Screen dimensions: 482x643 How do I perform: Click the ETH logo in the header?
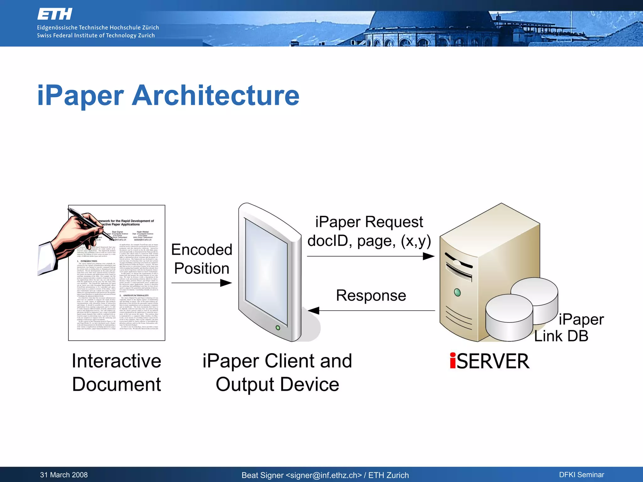point(55,14)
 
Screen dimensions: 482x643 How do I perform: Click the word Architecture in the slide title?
point(215,95)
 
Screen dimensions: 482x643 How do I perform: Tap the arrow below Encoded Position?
point(202,283)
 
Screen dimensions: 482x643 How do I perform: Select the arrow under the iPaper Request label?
point(370,256)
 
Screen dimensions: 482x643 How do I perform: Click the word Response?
point(371,296)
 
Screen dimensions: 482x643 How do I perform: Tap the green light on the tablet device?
point(278,328)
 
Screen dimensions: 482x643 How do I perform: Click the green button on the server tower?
point(457,292)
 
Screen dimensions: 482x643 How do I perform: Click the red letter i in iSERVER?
point(453,361)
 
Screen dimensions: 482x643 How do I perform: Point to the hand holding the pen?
point(77,234)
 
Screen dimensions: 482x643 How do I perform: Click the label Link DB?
point(561,336)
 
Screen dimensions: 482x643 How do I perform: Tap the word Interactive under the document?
point(116,361)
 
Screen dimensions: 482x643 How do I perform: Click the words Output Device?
point(277,384)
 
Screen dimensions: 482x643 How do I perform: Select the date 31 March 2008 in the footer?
point(64,475)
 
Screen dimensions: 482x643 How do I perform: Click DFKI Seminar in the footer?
point(581,475)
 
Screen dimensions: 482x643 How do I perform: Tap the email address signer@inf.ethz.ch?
point(323,475)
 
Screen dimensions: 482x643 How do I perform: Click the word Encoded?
point(202,250)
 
